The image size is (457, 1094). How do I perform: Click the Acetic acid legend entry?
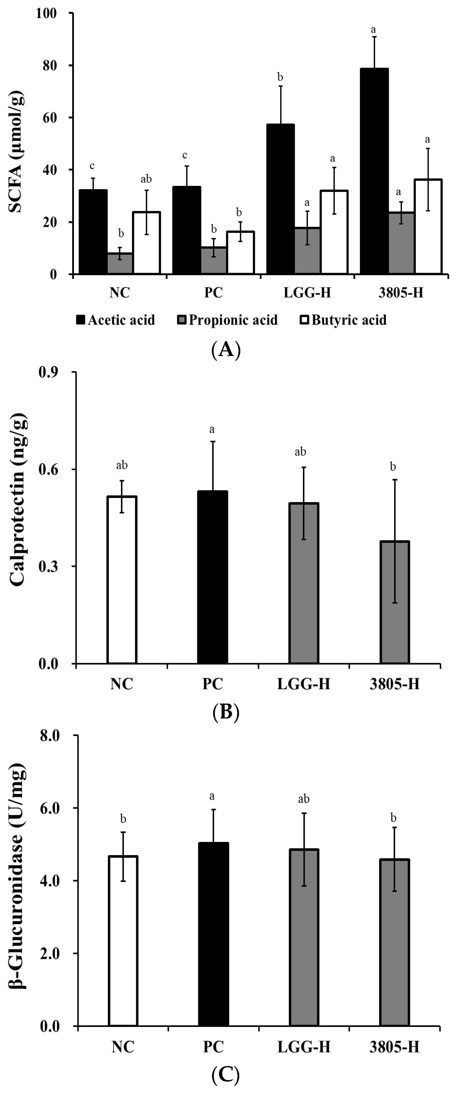pos(116,320)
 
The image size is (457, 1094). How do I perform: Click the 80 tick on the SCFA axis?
pos(50,65)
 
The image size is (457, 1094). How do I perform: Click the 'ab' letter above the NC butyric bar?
pos(146,179)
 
